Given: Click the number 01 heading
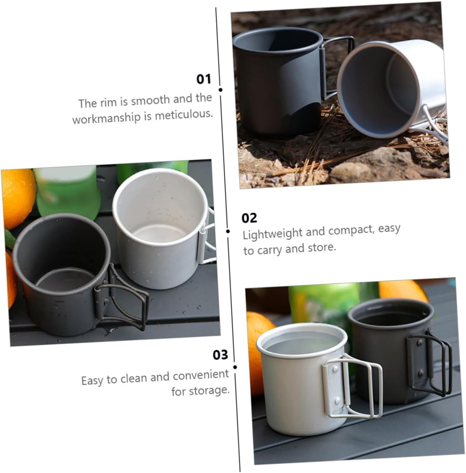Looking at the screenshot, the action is (203, 79).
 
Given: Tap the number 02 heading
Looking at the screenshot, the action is (249, 218).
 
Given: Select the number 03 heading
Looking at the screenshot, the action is (220, 355).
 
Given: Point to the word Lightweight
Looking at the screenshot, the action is (273, 233).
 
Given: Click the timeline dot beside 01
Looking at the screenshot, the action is (220, 90).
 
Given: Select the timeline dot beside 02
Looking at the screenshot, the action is (228, 231).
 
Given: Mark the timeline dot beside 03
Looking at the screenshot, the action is (235, 367).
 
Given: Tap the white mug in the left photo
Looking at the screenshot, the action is (160, 228).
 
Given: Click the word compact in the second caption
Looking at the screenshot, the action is (351, 230).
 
